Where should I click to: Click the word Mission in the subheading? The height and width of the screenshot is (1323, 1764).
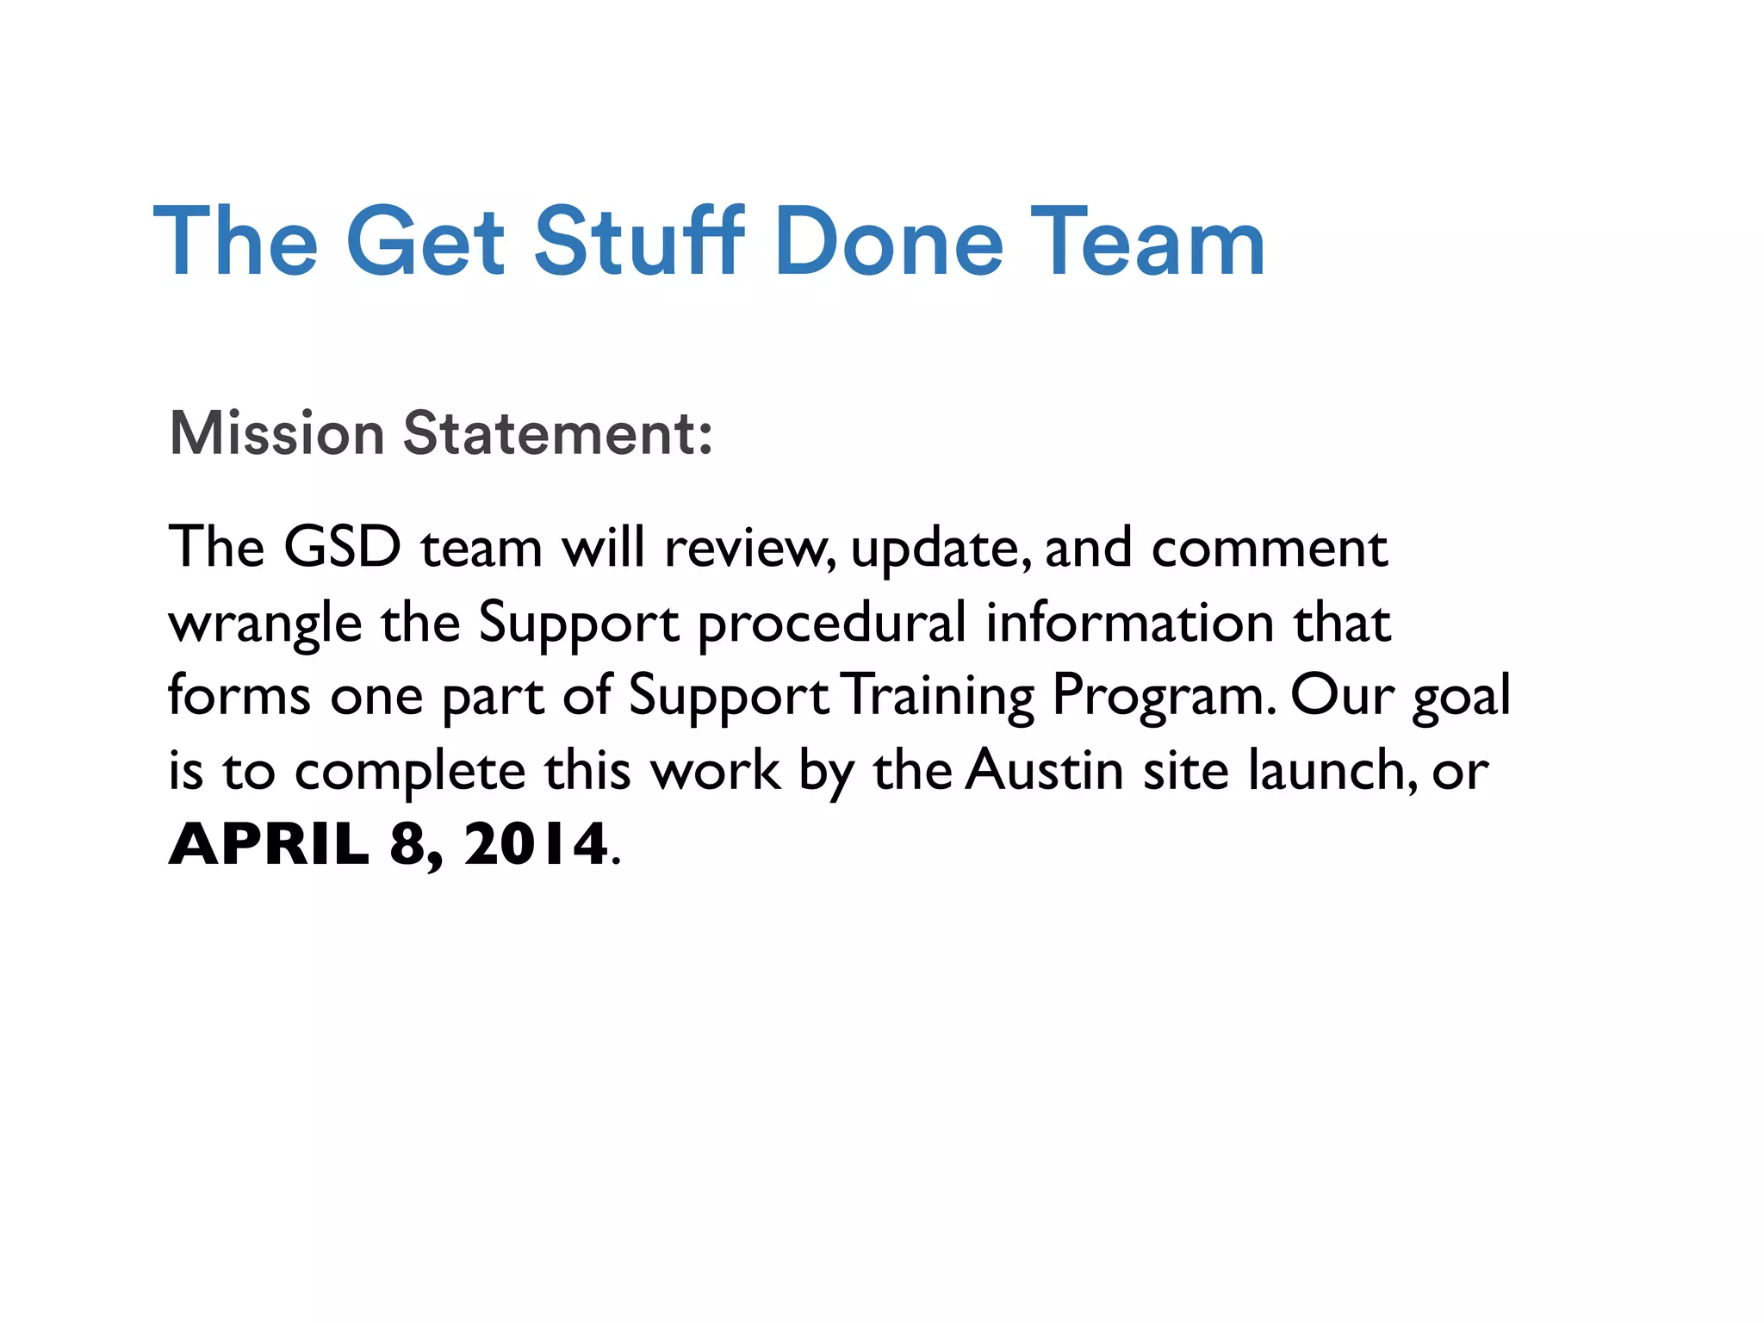coord(276,432)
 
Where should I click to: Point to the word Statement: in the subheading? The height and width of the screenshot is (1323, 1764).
coord(557,432)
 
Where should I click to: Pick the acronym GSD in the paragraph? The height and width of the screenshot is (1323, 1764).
coord(342,547)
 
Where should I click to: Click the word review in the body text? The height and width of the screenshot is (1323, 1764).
coord(746,549)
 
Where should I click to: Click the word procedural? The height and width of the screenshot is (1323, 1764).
coord(831,624)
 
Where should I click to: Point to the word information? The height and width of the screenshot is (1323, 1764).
coord(1129,622)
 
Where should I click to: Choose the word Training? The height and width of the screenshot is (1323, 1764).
coord(939,696)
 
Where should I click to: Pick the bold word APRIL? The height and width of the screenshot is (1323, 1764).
coord(269,844)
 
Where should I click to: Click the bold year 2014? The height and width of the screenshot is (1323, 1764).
coord(536,844)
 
